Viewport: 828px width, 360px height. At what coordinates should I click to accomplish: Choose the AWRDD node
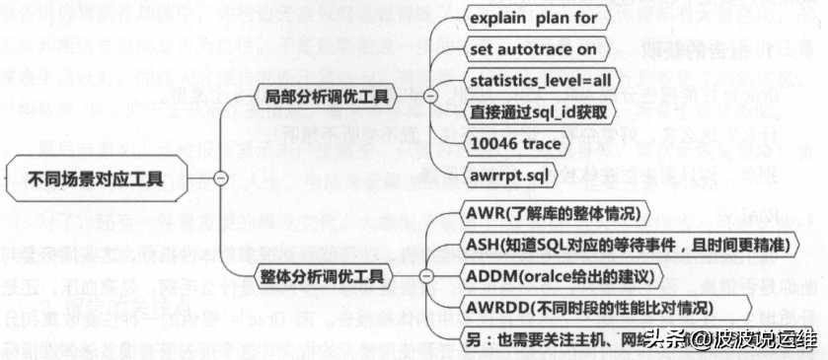(603, 308)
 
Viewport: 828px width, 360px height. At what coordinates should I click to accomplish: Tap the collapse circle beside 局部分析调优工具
(429, 96)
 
